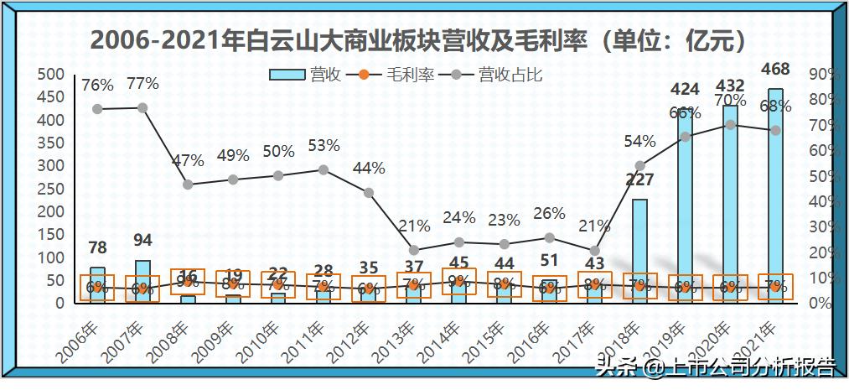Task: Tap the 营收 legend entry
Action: (x=306, y=75)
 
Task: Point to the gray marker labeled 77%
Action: (x=142, y=107)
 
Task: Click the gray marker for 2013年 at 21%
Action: (x=414, y=250)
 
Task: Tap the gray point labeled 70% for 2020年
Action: (x=730, y=124)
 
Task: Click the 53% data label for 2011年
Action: (x=324, y=146)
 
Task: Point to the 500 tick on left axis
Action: (x=53, y=74)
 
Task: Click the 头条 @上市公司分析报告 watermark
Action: (x=715, y=367)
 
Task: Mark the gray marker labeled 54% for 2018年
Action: (x=639, y=166)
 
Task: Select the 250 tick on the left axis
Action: (x=53, y=189)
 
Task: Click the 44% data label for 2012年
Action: (x=369, y=168)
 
